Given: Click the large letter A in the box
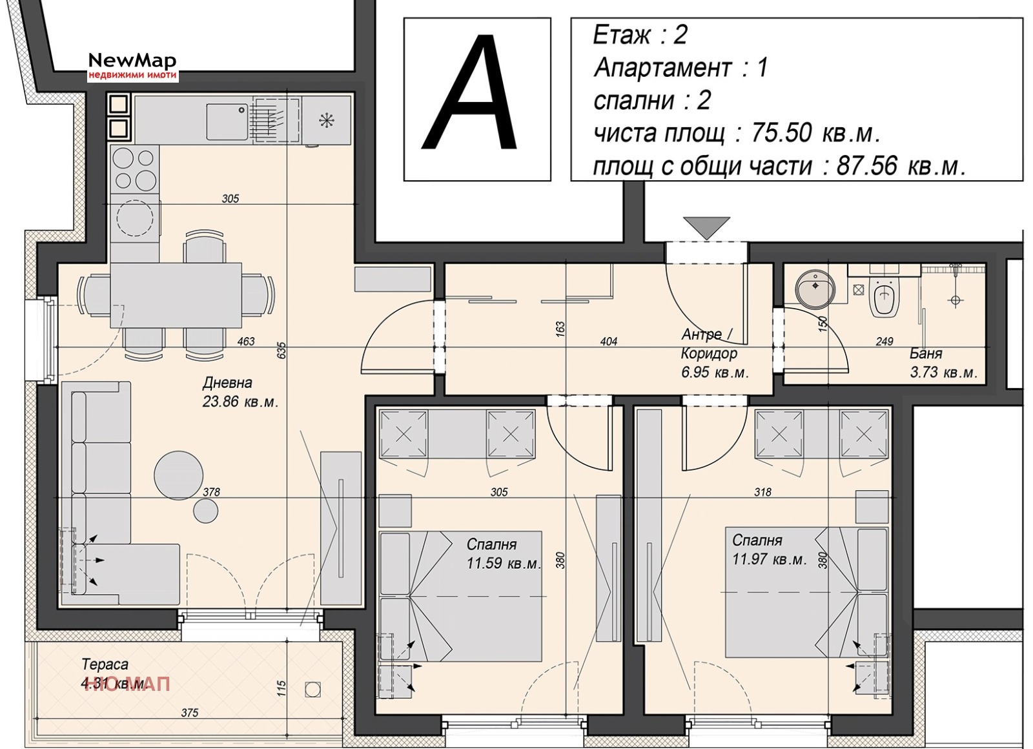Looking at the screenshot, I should click(470, 96).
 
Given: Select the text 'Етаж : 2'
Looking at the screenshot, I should click(640, 35).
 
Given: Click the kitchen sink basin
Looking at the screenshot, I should click(227, 122).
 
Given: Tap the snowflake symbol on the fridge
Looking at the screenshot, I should click(327, 120).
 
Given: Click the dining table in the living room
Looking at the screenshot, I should click(176, 295).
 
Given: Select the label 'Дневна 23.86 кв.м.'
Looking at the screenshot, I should click(239, 392).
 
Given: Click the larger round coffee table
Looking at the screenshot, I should click(179, 475).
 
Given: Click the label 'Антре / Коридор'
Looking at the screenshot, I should click(709, 344).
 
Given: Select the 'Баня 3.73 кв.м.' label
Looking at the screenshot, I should click(943, 363).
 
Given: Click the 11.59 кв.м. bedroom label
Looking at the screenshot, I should click(502, 553).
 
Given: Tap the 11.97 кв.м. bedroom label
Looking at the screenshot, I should click(768, 549).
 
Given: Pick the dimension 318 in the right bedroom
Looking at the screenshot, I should click(762, 492).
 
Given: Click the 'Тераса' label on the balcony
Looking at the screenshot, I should click(105, 664).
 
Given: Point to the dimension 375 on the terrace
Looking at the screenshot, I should click(190, 713).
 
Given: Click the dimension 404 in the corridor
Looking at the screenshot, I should click(608, 341).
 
